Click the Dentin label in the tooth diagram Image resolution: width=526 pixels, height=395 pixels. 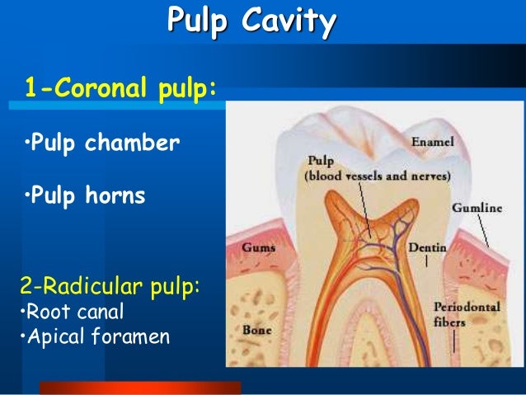coord(427,247)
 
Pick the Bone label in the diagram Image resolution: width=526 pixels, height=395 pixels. coord(257,330)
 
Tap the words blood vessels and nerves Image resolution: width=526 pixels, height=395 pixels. coord(377,176)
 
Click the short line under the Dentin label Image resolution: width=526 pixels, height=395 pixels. coord(426,261)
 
